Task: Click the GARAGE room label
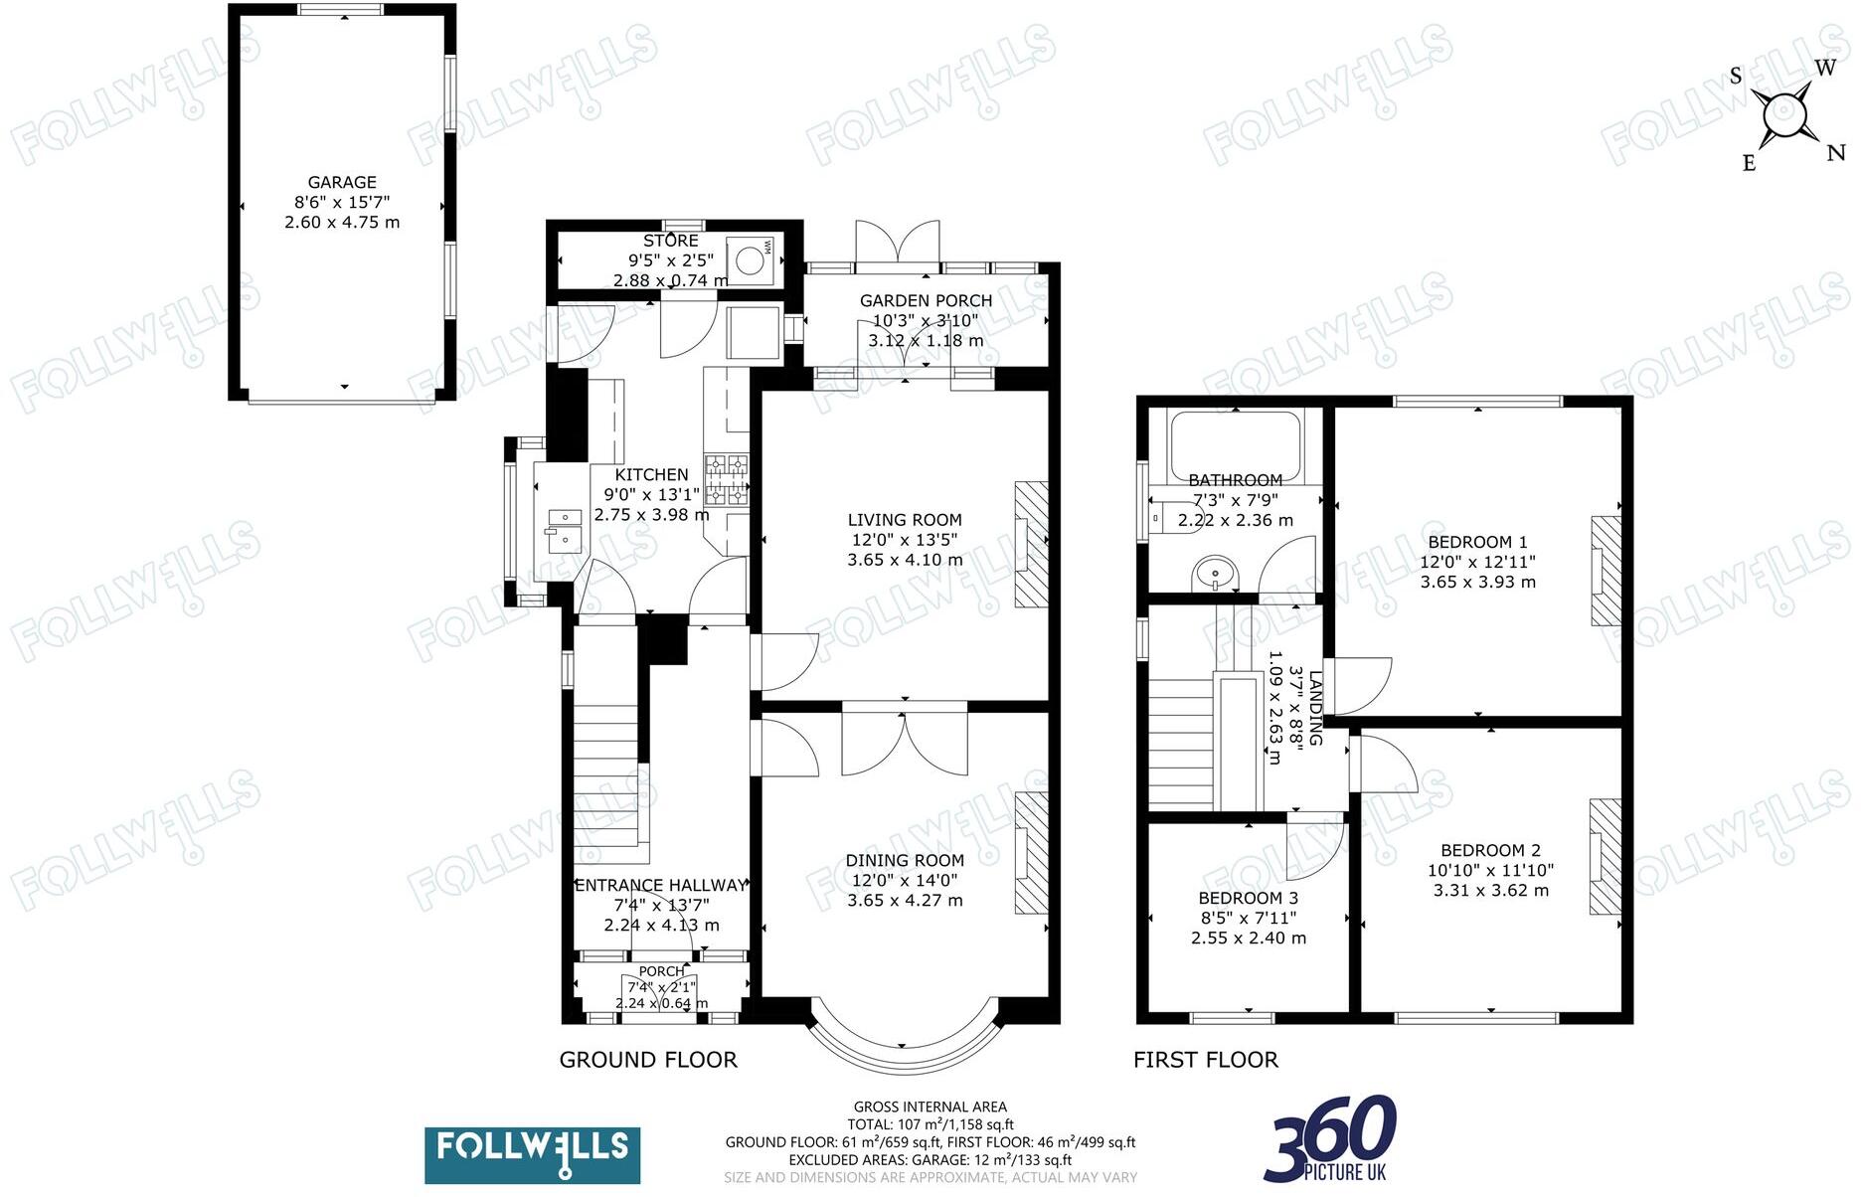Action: click(342, 182)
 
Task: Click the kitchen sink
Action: click(564, 531)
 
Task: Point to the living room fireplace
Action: click(1032, 544)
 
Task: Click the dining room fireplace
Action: click(1032, 853)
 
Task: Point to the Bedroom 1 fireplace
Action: click(1606, 571)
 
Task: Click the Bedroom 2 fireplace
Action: click(1604, 857)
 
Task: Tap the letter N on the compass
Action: click(1835, 153)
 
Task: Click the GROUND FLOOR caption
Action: click(648, 1060)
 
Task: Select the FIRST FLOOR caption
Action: click(1205, 1060)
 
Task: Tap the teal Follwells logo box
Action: click(532, 1154)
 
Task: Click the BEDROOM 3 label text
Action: click(1248, 898)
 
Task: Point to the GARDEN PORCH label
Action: click(926, 300)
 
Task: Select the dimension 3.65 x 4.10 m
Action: click(905, 560)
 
